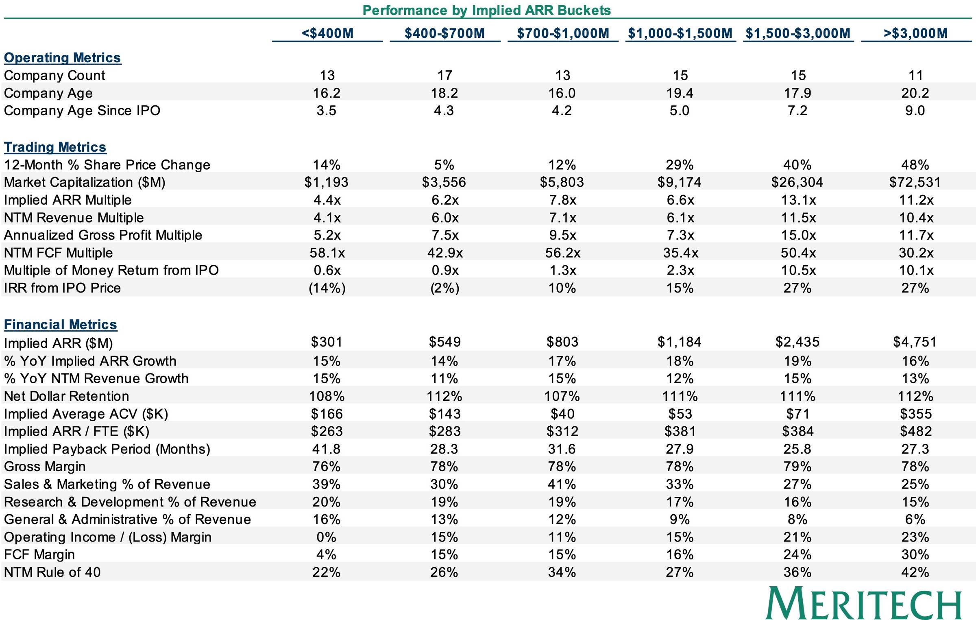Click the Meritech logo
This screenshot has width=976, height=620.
864,603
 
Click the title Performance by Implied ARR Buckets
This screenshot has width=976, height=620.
486,10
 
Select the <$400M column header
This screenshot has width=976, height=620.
327,33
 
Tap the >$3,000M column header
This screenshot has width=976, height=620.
915,33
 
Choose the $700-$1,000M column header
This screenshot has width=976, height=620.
563,33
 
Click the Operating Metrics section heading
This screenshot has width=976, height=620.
62,58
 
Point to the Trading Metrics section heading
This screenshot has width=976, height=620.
55,147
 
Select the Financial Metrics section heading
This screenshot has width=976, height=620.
60,325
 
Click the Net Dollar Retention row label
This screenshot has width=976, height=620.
66,396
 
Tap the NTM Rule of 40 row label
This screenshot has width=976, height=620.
52,572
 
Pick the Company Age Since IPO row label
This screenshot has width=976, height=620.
82,111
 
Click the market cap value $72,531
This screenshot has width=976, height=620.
915,182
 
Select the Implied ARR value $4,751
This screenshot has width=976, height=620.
915,342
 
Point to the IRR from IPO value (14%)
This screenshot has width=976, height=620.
327,288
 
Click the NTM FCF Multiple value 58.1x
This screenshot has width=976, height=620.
327,253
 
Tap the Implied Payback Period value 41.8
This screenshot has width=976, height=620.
326,449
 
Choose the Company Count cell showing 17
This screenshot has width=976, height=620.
445,75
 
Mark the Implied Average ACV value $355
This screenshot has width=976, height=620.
915,414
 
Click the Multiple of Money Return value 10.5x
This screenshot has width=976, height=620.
798,270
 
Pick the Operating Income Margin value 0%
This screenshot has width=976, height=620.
326,537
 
